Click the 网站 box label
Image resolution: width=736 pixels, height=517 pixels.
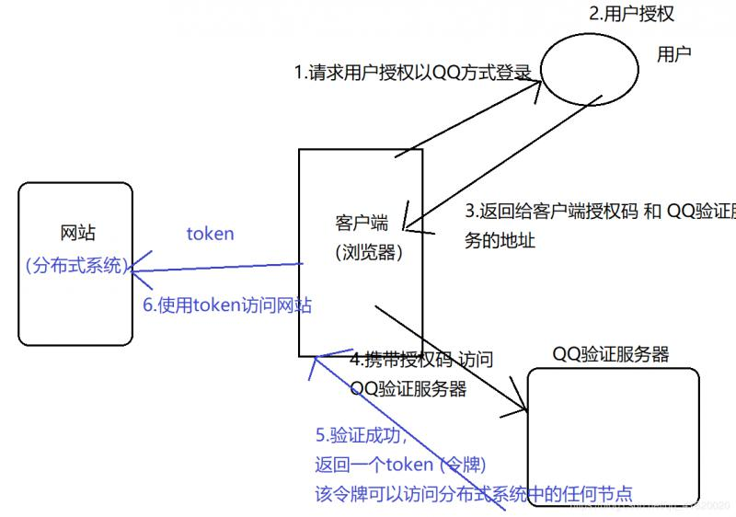(x=77, y=233)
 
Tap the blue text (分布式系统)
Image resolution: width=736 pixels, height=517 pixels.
(x=77, y=266)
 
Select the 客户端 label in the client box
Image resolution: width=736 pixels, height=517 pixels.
(x=362, y=223)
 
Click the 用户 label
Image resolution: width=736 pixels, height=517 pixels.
(x=673, y=54)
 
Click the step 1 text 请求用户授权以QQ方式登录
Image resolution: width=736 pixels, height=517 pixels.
(x=414, y=73)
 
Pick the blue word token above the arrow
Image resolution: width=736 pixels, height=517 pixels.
(x=210, y=234)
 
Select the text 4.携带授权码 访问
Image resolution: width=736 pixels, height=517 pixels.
(x=422, y=361)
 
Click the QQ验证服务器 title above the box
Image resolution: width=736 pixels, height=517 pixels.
(x=611, y=354)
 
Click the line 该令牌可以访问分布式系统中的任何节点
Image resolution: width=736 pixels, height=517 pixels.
(x=474, y=492)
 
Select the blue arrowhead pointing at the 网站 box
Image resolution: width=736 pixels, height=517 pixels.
(x=134, y=271)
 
